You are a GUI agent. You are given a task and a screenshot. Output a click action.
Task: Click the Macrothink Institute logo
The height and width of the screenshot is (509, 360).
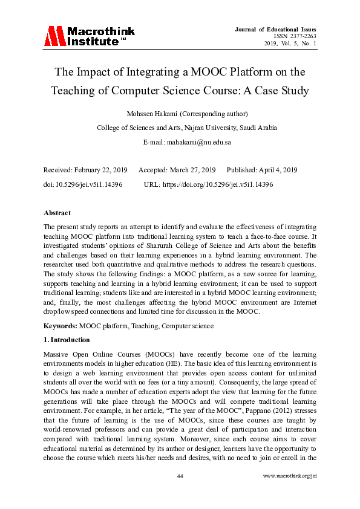[88, 36]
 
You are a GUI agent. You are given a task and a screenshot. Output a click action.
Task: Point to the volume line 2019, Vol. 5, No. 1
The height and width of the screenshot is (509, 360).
[290, 44]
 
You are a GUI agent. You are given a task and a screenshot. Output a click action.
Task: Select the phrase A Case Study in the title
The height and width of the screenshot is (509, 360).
[277, 91]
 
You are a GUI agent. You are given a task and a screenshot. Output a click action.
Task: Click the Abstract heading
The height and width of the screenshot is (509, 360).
[57, 213]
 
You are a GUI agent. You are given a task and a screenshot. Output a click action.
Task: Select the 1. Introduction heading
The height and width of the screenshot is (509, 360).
[67, 340]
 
